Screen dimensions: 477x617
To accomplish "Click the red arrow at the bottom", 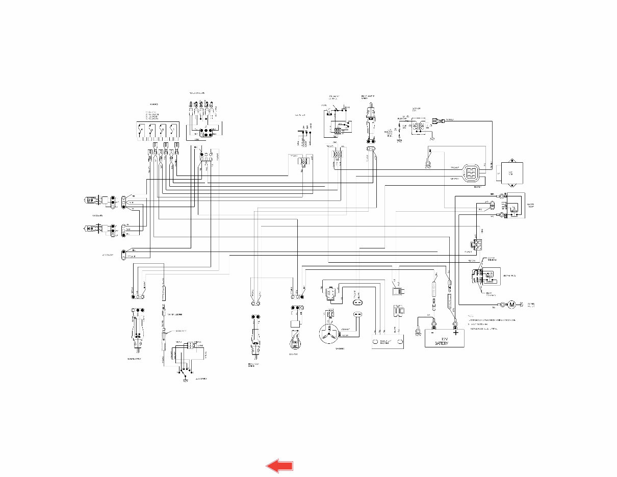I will point(280,465).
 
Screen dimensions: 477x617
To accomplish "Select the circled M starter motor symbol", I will point(512,305).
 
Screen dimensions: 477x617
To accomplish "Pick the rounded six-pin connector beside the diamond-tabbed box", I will point(471,173).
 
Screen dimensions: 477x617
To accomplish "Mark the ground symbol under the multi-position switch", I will point(185,379).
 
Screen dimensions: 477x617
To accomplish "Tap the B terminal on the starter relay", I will point(501,196).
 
